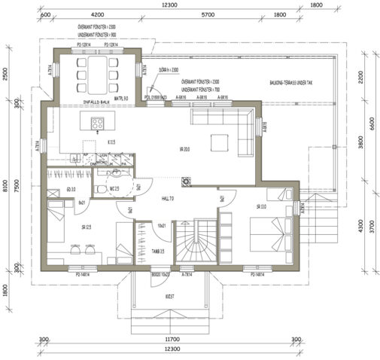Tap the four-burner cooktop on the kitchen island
click(97, 124)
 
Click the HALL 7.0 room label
click(167, 198)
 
